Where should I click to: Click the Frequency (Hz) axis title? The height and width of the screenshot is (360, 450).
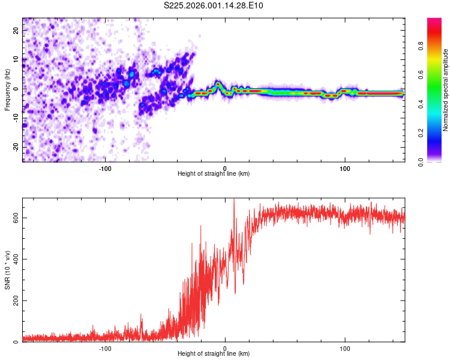click(x=7, y=89)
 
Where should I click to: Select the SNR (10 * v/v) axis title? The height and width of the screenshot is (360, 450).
click(x=7, y=269)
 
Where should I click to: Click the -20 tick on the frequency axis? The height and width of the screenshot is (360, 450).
click(x=14, y=147)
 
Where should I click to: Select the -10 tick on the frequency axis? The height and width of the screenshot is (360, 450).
click(x=14, y=118)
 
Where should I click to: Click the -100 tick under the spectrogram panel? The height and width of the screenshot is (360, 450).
click(x=105, y=168)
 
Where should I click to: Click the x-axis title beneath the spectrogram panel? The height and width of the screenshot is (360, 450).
click(x=214, y=174)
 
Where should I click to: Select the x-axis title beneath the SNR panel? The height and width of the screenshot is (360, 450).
click(x=214, y=354)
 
